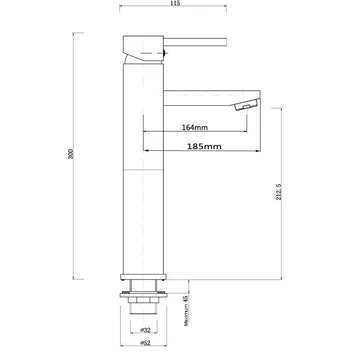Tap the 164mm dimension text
(x=196, y=127)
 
